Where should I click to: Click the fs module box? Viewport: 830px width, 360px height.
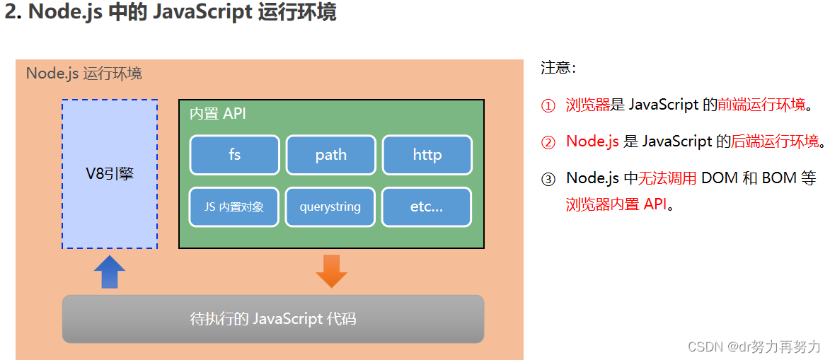[235, 155]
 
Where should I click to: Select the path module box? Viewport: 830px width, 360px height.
[330, 155]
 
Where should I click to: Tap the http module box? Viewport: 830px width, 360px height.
[427, 155]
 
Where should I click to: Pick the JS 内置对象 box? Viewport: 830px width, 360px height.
[235, 207]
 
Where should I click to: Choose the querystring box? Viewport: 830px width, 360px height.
[330, 207]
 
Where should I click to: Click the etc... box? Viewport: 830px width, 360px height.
[427, 207]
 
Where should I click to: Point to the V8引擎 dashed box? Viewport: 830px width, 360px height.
[110, 174]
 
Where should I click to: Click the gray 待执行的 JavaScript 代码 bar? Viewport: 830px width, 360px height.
[273, 319]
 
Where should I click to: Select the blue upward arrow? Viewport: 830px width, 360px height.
[110, 272]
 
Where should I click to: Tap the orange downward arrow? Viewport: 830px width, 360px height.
[331, 271]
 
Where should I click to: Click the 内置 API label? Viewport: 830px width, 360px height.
[218, 114]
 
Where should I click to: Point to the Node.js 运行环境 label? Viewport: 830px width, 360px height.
[84, 74]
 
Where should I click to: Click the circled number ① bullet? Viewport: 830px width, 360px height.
[548, 106]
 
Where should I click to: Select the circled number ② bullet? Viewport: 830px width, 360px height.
[548, 142]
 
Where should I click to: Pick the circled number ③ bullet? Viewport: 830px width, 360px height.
[548, 179]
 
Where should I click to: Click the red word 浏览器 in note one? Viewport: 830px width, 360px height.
[587, 105]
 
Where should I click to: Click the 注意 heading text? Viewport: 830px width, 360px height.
[558, 68]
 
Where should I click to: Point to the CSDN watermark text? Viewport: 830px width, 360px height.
[754, 347]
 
